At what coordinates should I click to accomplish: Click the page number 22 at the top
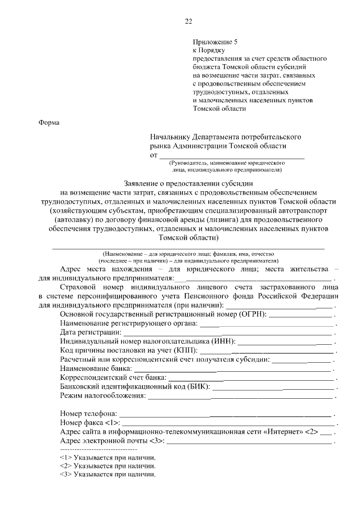tap(188, 22)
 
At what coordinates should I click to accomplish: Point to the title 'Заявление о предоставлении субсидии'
tap(188, 183)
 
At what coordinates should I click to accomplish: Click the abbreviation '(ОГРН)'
tap(253, 313)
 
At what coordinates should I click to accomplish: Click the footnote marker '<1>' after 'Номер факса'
tap(111, 422)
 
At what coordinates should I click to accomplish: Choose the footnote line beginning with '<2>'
tap(107, 466)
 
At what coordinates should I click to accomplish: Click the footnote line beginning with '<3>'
tap(107, 475)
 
